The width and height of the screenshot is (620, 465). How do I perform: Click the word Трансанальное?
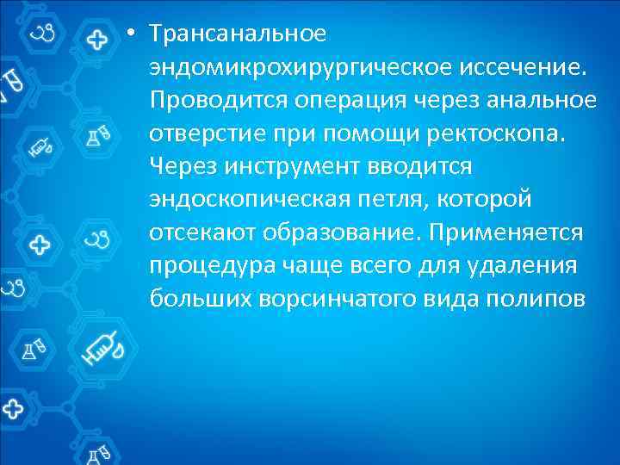click(238, 34)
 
